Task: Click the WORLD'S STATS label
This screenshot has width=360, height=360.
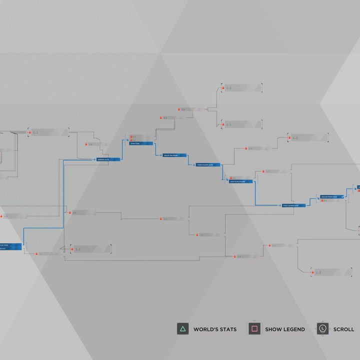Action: pyautogui.click(x=215, y=329)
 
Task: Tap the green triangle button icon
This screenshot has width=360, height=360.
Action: pyautogui.click(x=182, y=329)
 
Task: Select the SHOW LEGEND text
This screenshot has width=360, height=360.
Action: pyautogui.click(x=284, y=329)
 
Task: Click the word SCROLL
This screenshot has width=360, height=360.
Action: pyautogui.click(x=343, y=329)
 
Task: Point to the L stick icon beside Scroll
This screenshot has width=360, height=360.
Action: pyautogui.click(x=322, y=328)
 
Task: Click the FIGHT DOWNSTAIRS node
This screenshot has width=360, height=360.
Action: pyautogui.click(x=294, y=205)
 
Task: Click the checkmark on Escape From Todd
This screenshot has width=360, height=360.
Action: pyautogui.click(x=342, y=197)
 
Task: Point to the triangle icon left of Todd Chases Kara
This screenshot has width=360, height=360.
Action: pyautogui.click(x=193, y=164)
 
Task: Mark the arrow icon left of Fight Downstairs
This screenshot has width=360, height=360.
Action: pyautogui.click(x=279, y=205)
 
